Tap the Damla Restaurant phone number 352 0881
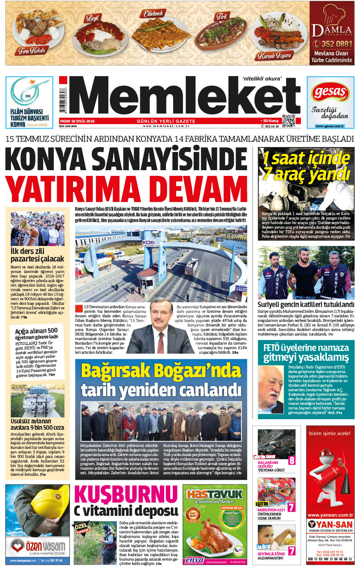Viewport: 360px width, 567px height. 332,44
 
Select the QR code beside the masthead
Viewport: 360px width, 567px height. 288,121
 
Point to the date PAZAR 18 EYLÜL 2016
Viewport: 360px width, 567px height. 77,121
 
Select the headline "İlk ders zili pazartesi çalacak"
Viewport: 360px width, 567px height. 37,255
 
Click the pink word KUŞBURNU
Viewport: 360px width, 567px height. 126,494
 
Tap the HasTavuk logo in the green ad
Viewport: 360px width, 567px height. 214,493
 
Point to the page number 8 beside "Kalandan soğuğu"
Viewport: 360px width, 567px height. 292,460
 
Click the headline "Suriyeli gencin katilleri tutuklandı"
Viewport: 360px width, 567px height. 306,304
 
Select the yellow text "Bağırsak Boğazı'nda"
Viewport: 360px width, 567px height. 161,371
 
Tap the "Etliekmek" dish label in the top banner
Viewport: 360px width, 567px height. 153,14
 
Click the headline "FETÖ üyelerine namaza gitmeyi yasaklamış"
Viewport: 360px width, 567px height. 306,352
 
